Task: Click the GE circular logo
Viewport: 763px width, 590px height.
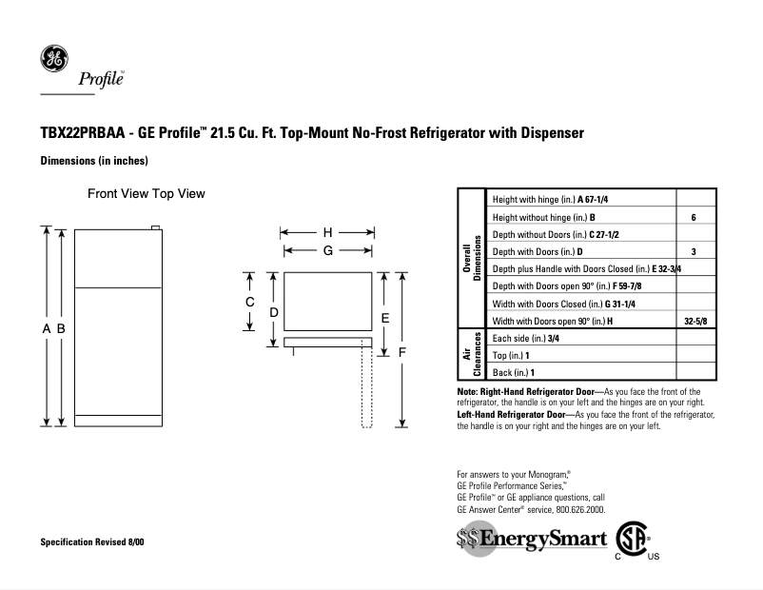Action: pos(54,59)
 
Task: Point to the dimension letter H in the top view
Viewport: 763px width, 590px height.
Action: pos(327,232)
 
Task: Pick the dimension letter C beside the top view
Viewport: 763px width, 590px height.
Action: pos(249,302)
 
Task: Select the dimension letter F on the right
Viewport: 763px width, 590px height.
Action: pos(402,352)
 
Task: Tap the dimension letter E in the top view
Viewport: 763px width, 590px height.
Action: pos(385,317)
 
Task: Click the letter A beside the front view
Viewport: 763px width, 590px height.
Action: pos(46,328)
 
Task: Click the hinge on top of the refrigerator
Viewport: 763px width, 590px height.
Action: pos(156,227)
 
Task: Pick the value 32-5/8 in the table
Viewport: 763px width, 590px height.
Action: pos(695,322)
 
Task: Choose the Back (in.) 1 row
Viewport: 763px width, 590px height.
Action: pos(513,372)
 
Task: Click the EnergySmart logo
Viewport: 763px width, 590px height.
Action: pos(531,540)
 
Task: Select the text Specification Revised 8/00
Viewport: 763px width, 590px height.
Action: pos(92,541)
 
